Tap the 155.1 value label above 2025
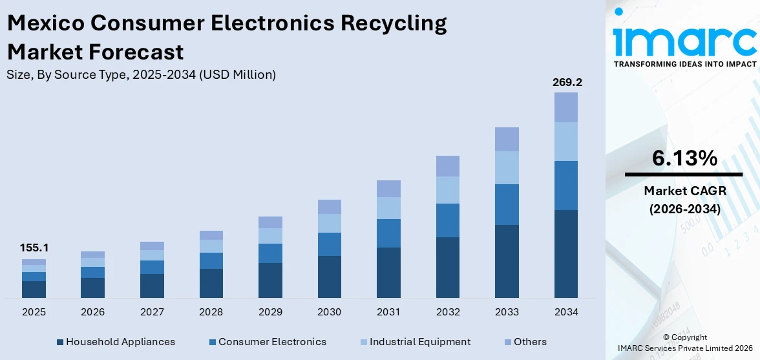(x=34, y=248)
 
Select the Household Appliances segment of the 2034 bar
(x=565, y=253)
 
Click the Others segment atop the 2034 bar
(x=565, y=107)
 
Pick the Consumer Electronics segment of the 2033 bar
(x=507, y=204)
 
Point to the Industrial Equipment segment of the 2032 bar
(x=447, y=190)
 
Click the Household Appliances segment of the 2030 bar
(x=329, y=277)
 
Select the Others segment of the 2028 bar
(x=211, y=235)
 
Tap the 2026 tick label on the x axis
(x=92, y=312)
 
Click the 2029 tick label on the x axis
(x=270, y=312)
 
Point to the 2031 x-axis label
(x=388, y=312)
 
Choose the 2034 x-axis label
(x=565, y=312)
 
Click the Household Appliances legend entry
(x=120, y=342)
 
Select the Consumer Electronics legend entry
(x=272, y=342)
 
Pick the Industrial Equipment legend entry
(x=420, y=342)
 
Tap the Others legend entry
(x=530, y=342)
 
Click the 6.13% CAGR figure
(x=684, y=158)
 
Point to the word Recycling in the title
(x=394, y=23)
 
